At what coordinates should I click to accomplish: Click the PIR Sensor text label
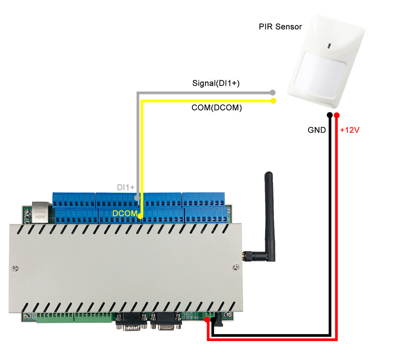tap(280, 27)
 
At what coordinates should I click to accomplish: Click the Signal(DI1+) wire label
tap(216, 83)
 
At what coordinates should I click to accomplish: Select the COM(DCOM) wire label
tap(217, 108)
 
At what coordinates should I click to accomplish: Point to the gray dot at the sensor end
tap(273, 93)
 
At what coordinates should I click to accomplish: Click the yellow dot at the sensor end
tap(274, 101)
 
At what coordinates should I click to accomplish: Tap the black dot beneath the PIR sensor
tap(329, 115)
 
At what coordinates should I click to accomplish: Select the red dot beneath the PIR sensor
tap(337, 115)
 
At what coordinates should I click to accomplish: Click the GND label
tap(317, 130)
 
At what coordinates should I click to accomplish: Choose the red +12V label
tap(350, 130)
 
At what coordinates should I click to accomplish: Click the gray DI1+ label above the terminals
tap(126, 187)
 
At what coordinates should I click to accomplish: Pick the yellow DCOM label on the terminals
tap(125, 214)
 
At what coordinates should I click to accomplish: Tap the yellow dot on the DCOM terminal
tap(141, 215)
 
